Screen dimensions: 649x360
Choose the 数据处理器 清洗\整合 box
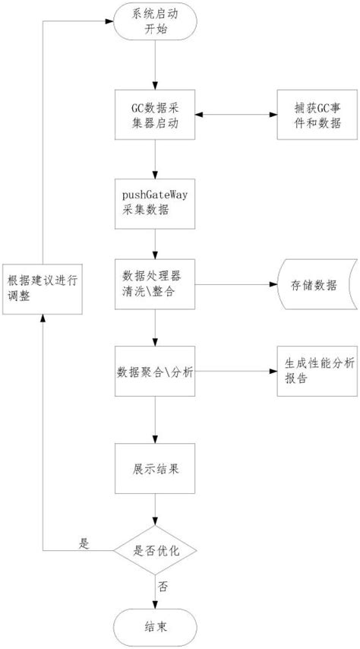pyautogui.click(x=155, y=286)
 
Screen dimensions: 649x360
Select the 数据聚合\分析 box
pyautogui.click(x=155, y=372)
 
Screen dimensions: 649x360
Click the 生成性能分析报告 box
pyautogui.click(x=314, y=372)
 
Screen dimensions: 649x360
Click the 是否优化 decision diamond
pyautogui.click(x=155, y=549)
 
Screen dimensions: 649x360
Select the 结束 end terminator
pyautogui.click(x=155, y=627)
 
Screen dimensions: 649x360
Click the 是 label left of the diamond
pyautogui.click(x=85, y=543)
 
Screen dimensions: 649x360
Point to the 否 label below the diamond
pyautogui.click(x=163, y=587)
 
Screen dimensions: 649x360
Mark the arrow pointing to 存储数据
pyautogui.click(x=235, y=286)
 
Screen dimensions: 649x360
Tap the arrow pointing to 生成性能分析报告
pyautogui.click(x=235, y=372)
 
